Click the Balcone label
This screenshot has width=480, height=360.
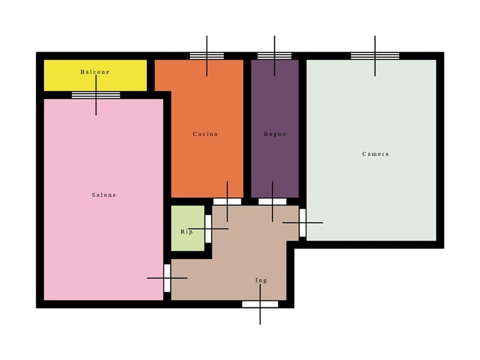tap(95, 72)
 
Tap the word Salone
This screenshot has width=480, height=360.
tap(104, 195)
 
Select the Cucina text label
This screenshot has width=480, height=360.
tap(205, 134)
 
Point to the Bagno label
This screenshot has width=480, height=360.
tap(275, 134)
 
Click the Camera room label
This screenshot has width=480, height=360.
tap(376, 154)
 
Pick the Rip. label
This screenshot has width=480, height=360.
tap(187, 232)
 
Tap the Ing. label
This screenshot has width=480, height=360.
tap(262, 280)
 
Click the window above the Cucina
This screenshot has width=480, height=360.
tap(206, 56)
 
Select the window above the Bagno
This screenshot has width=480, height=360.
tap(275, 56)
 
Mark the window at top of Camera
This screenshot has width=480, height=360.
tap(375, 56)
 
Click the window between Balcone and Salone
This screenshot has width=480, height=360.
tap(96, 95)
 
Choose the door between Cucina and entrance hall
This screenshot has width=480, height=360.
tap(227, 202)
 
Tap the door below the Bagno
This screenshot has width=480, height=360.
tap(272, 202)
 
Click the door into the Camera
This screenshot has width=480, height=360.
tap(302, 223)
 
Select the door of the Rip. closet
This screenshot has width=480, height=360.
tap(208, 229)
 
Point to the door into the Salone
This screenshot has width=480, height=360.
tap(167, 278)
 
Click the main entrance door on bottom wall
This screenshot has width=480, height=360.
tap(260, 304)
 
